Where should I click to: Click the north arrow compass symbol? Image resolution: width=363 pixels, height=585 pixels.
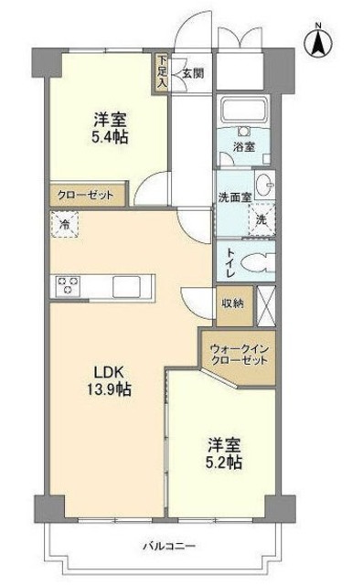(x=317, y=39)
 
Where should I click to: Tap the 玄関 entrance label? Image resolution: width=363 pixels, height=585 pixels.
(x=191, y=73)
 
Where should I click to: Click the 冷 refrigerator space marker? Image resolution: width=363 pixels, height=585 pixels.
(x=64, y=221)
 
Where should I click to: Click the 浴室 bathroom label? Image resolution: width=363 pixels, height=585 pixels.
(x=241, y=145)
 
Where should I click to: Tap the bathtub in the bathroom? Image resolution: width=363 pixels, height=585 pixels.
(x=240, y=112)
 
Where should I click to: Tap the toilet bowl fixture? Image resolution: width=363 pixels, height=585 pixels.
(x=260, y=261)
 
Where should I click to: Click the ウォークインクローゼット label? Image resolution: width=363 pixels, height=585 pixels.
(x=239, y=355)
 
